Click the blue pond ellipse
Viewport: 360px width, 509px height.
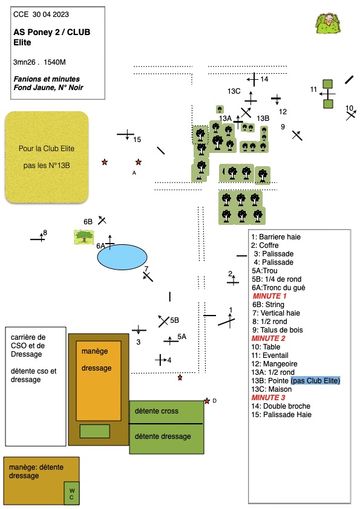[122, 257]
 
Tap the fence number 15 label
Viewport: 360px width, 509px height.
[137, 140]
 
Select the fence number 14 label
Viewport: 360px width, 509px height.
[264, 79]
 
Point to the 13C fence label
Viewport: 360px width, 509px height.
[234, 91]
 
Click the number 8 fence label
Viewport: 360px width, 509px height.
[45, 232]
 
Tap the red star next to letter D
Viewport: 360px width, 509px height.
[207, 401]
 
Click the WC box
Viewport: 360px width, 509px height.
[71, 493]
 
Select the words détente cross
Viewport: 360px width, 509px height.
[157, 411]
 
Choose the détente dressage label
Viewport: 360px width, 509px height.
[163, 436]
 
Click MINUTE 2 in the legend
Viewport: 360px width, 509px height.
[269, 339]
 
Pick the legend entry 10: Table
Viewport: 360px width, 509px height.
[266, 347]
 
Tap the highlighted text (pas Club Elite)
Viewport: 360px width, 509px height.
[315, 380]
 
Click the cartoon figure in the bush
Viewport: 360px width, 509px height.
[328, 24]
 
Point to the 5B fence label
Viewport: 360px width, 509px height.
[174, 320]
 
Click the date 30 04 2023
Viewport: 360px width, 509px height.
[51, 15]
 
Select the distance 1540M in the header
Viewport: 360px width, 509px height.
[54, 62]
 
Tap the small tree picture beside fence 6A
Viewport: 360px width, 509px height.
[84, 238]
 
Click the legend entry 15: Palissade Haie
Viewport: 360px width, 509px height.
[281, 415]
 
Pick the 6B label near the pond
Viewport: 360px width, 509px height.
[88, 222]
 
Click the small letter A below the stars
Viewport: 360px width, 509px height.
[134, 173]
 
